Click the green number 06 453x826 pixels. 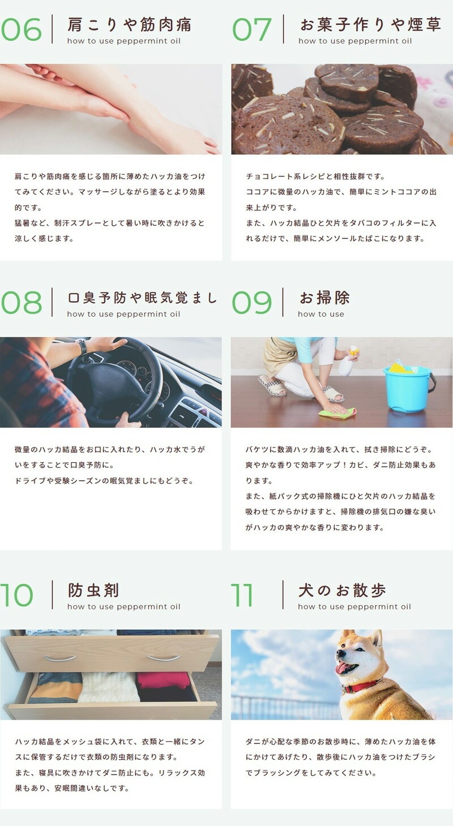[22, 29]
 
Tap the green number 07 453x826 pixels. [253, 29]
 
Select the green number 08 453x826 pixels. [22, 303]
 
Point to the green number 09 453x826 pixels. [252, 303]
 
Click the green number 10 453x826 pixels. [17, 595]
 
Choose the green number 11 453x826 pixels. [242, 595]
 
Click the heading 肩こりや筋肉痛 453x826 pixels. [129, 25]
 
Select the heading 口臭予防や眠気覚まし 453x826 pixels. [142, 298]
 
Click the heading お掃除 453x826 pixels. [324, 298]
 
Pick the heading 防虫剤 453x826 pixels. [93, 591]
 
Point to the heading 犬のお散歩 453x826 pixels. [342, 591]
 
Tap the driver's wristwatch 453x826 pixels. [83, 346]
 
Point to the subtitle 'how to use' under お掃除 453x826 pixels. [321, 315]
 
